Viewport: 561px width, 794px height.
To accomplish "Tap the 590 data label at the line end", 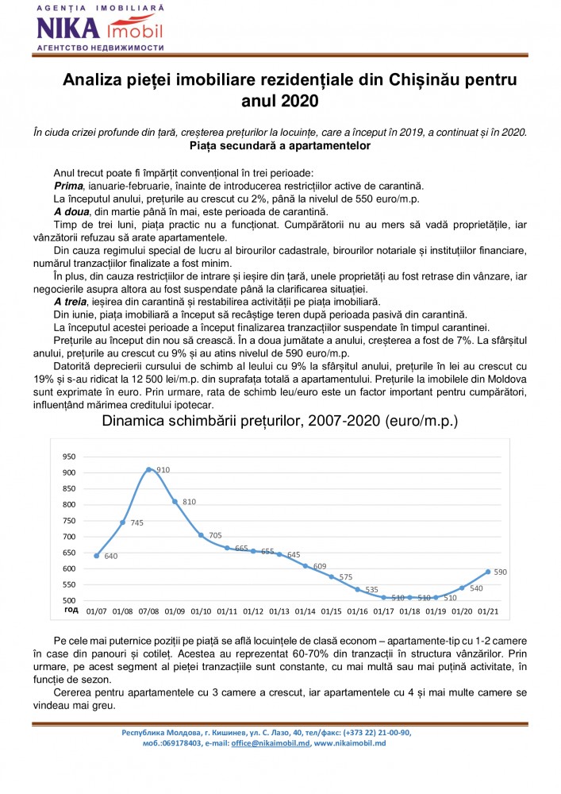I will (500, 572).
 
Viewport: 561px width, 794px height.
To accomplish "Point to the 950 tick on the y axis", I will (69, 457).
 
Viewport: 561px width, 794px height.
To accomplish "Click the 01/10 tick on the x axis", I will (201, 611).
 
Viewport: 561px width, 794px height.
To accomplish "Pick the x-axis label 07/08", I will (148, 611).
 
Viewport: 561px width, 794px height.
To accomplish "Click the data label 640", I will (110, 557).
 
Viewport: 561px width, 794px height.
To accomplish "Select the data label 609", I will (319, 565).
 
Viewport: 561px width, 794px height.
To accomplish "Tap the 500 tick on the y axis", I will (69, 600).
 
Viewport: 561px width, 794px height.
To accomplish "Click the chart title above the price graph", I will (280, 421).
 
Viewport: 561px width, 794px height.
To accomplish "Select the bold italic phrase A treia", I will (74, 302).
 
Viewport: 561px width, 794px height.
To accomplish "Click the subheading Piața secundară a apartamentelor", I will (280, 146).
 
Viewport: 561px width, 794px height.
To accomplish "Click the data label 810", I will (189, 503).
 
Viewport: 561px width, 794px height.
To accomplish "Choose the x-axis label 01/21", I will (488, 611).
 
